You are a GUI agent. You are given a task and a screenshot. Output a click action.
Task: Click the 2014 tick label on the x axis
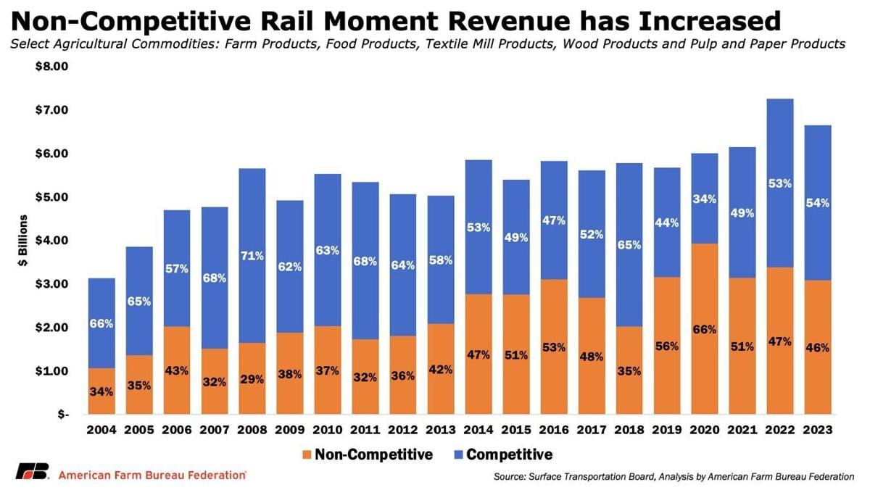click(x=478, y=431)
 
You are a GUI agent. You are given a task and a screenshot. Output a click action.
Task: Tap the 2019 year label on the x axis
click(x=666, y=431)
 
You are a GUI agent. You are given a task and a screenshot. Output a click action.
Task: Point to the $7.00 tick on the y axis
click(x=51, y=110)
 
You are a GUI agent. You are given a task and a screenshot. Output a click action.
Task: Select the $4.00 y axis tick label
click(x=51, y=241)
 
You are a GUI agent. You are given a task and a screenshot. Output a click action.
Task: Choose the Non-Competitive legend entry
click(x=373, y=455)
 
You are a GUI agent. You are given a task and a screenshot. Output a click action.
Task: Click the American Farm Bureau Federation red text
click(x=152, y=475)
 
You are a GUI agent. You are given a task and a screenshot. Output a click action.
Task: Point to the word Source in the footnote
click(x=507, y=476)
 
